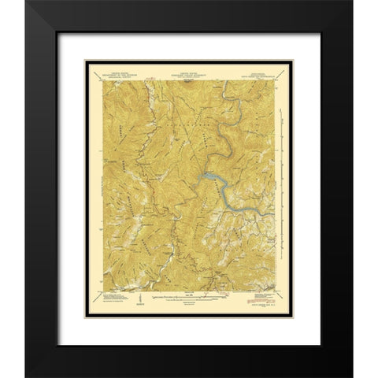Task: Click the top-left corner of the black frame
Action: (x=26, y=2)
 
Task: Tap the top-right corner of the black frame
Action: (x=352, y=2)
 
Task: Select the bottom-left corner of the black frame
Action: (x=26, y=376)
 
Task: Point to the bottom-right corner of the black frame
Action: (x=352, y=376)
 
